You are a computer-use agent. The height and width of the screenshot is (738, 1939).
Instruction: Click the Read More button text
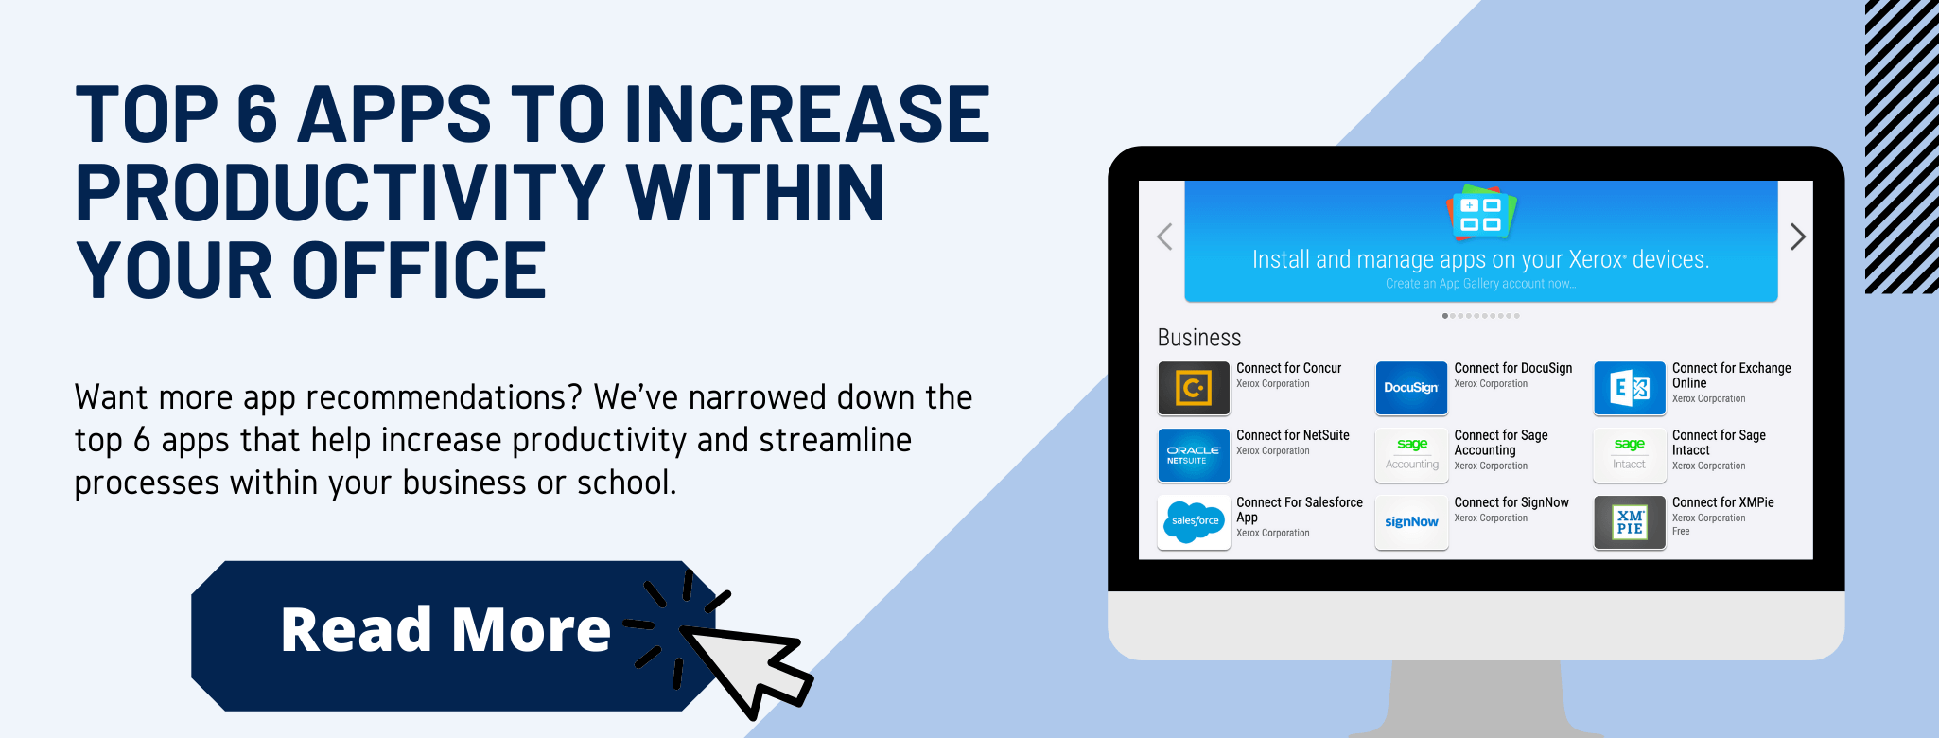pyautogui.click(x=445, y=630)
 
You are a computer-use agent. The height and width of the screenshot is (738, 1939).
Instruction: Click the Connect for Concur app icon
pyautogui.click(x=1194, y=388)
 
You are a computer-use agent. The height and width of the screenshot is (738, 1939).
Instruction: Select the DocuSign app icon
pyautogui.click(x=1411, y=388)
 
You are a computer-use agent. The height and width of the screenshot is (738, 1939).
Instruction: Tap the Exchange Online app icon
pyautogui.click(x=1630, y=388)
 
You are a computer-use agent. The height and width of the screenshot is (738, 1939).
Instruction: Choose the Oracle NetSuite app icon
pyautogui.click(x=1194, y=455)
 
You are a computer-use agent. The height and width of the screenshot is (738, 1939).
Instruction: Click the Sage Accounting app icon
pyautogui.click(x=1411, y=455)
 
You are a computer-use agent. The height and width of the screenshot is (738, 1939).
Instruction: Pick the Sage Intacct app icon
pyautogui.click(x=1630, y=455)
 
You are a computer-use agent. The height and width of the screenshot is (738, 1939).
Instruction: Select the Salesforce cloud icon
pyautogui.click(x=1194, y=522)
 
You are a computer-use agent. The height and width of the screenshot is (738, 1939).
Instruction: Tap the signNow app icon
pyautogui.click(x=1411, y=522)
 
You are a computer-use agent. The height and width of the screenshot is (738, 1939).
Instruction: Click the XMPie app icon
pyautogui.click(x=1630, y=522)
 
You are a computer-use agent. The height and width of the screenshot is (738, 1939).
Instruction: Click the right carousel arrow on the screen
pyautogui.click(x=1798, y=237)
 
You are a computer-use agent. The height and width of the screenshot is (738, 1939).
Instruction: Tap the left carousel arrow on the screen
pyautogui.click(x=1164, y=237)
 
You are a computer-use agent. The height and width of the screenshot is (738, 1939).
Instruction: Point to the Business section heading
pyautogui.click(x=1199, y=338)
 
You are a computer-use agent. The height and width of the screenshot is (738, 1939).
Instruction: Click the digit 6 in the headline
pyautogui.click(x=256, y=114)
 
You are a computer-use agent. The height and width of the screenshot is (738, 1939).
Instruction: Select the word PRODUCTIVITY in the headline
pyautogui.click(x=341, y=193)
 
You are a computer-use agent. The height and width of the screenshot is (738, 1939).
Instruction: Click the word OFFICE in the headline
pyautogui.click(x=419, y=271)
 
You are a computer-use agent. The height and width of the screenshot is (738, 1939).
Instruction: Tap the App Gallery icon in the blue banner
pyautogui.click(x=1481, y=213)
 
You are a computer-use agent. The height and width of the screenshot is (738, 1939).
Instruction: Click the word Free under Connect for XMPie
pyautogui.click(x=1681, y=532)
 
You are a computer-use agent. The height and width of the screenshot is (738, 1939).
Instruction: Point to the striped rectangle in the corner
pyautogui.click(x=1901, y=147)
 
